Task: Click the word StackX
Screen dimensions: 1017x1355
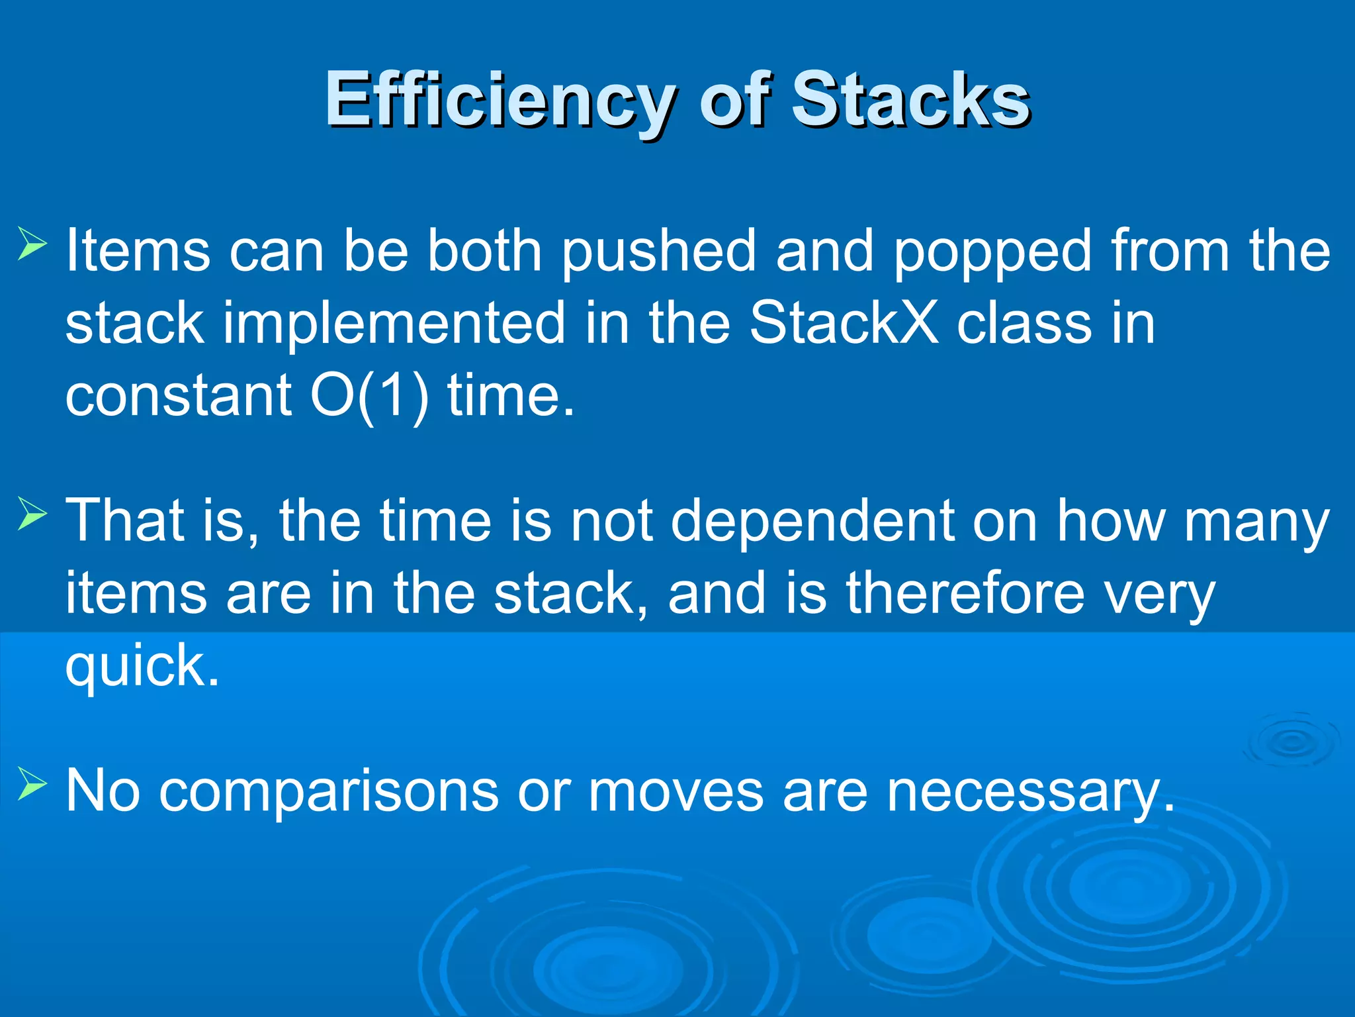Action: click(x=844, y=323)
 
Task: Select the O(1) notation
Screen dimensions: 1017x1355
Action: click(x=369, y=396)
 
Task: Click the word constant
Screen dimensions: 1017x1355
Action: click(x=179, y=396)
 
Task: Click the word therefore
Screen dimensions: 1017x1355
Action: click(x=966, y=593)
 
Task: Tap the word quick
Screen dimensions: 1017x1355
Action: click(x=141, y=666)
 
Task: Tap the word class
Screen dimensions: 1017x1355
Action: click(x=1024, y=323)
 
